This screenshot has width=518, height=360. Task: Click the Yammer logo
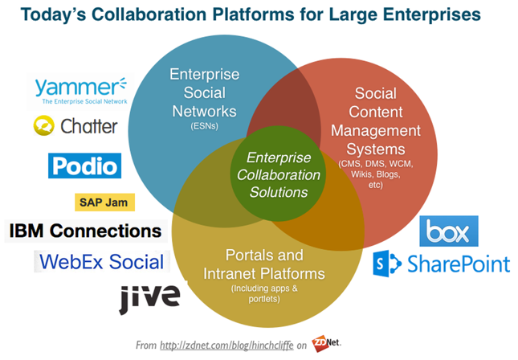(x=81, y=91)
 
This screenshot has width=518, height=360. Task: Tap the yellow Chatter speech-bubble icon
(x=44, y=125)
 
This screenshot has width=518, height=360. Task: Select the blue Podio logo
(x=84, y=166)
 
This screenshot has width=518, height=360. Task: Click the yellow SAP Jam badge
(x=104, y=202)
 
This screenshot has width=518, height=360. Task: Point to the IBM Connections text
(x=86, y=231)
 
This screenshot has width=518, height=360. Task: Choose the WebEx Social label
(x=102, y=261)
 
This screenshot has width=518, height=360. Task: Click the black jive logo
(x=149, y=297)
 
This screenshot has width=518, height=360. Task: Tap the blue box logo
(x=449, y=231)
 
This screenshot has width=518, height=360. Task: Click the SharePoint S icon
(x=387, y=264)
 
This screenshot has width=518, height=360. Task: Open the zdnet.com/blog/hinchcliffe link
(x=226, y=346)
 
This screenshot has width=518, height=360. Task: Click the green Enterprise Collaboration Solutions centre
(x=278, y=174)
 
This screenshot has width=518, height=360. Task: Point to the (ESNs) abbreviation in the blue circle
(x=204, y=126)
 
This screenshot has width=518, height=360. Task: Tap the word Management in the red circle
(x=376, y=131)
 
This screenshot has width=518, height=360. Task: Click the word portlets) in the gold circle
(x=264, y=299)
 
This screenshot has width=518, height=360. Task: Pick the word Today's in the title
(x=53, y=15)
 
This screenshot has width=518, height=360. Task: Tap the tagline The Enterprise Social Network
(x=84, y=101)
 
